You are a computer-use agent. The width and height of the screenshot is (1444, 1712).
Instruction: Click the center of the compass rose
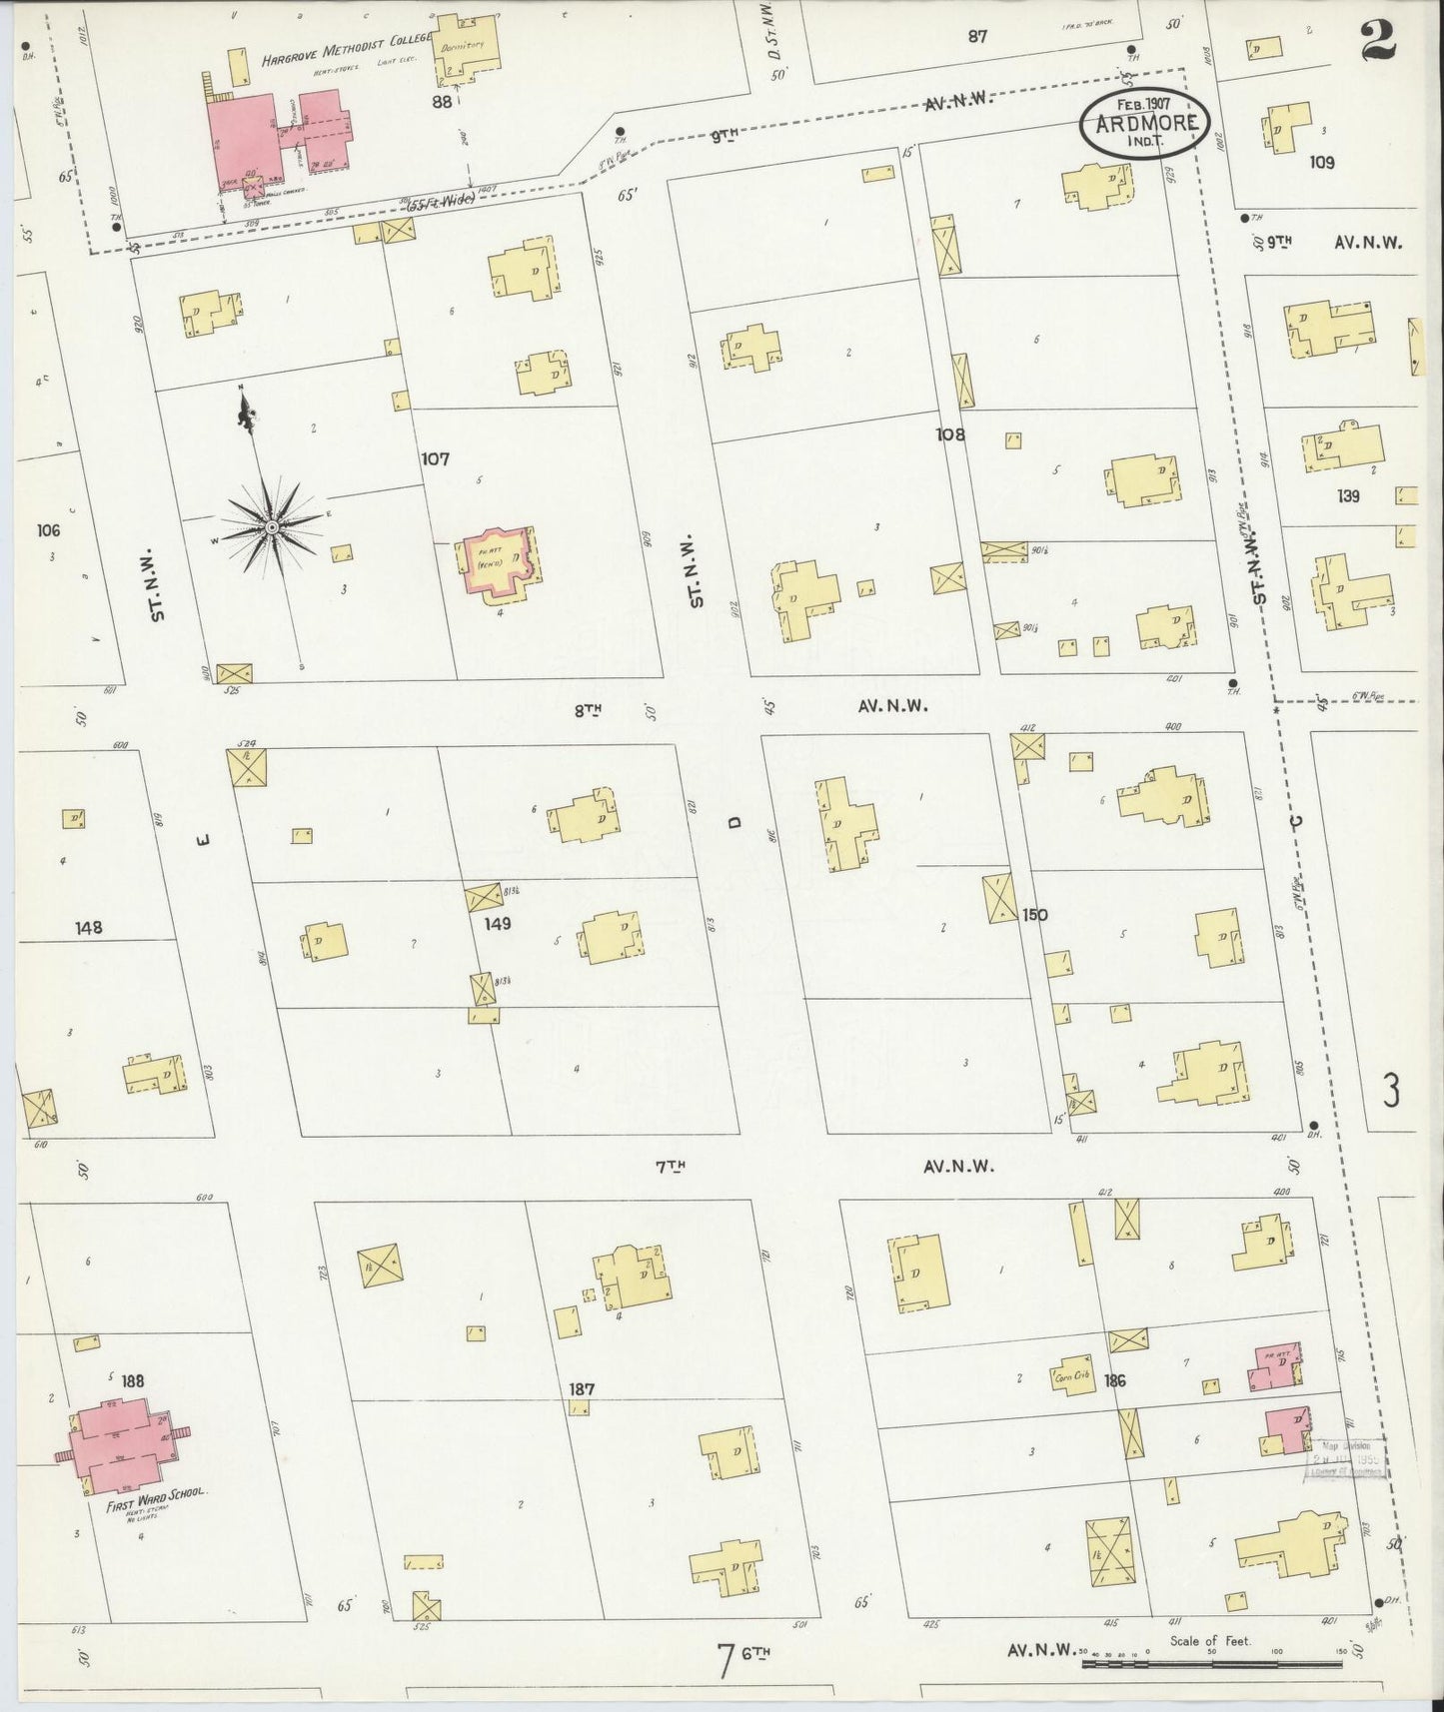click(x=272, y=526)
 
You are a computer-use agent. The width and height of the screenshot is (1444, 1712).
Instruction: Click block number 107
click(x=435, y=459)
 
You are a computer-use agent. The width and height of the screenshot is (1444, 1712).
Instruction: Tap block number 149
click(x=497, y=923)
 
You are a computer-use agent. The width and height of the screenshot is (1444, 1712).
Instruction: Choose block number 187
click(x=582, y=1388)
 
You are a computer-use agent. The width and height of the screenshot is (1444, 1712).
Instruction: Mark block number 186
click(x=1116, y=1380)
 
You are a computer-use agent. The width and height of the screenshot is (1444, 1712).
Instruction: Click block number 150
click(x=1035, y=914)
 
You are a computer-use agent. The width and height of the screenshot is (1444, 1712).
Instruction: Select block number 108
click(x=950, y=434)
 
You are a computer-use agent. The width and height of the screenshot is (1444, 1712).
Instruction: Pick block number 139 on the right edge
click(x=1350, y=495)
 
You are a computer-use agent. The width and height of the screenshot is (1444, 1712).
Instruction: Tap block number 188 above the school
click(x=132, y=1380)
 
